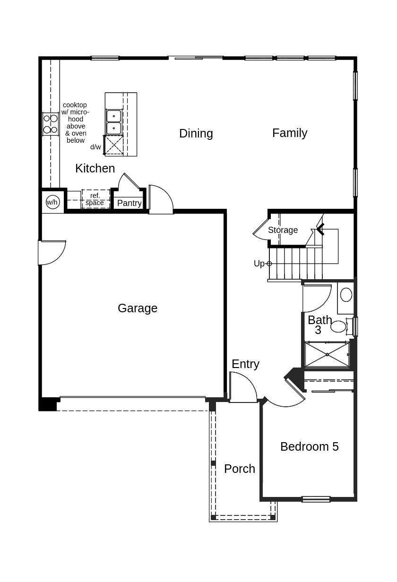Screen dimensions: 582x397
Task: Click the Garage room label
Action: (138, 308)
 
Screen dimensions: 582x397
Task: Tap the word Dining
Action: (196, 133)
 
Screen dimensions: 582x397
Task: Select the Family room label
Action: (289, 133)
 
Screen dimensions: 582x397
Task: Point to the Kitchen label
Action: (95, 168)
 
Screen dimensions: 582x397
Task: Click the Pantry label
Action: (129, 203)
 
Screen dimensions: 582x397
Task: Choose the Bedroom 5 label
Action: (309, 446)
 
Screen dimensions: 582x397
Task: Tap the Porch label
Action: (239, 469)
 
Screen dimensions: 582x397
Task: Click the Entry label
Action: (245, 364)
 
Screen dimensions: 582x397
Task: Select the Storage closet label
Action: (283, 230)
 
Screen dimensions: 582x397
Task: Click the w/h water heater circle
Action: (52, 202)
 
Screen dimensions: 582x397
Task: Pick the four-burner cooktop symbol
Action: (51, 124)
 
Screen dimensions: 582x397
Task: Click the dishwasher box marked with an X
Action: (113, 145)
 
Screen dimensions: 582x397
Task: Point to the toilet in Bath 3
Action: (339, 326)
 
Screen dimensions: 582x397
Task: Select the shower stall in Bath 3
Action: (327, 354)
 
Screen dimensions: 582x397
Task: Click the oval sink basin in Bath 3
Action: (346, 295)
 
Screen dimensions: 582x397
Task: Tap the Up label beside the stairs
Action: (259, 264)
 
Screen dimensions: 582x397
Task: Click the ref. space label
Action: (95, 199)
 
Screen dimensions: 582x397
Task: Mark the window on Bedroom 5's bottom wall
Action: (316, 499)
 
